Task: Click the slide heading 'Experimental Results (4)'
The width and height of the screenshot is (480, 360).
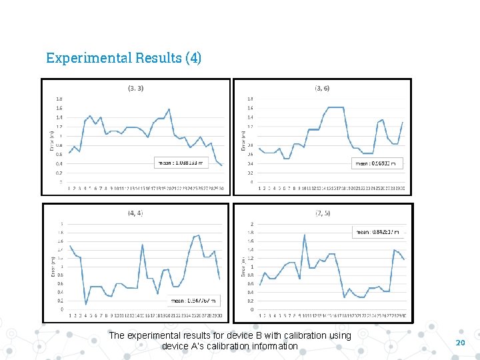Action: (x=123, y=58)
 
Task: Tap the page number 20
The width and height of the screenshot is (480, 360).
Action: (x=459, y=342)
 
